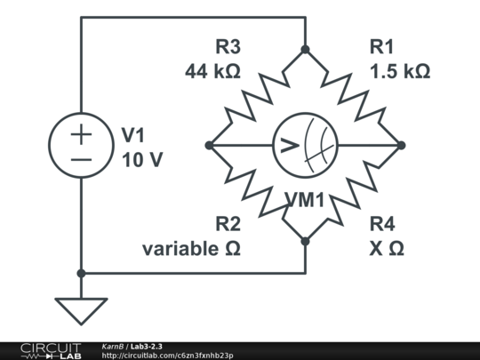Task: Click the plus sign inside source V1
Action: click(81, 135)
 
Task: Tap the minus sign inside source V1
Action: click(81, 159)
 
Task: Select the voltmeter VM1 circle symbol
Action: click(305, 146)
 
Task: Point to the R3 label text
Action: click(228, 48)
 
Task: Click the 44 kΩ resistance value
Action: click(212, 71)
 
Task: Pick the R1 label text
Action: click(380, 48)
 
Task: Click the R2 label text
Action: click(228, 224)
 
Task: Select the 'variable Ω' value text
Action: click(191, 248)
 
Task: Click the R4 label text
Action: click(382, 224)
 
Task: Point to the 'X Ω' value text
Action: click(386, 248)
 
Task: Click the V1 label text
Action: click(132, 136)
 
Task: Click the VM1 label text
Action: click(305, 201)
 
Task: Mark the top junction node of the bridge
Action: click(305, 50)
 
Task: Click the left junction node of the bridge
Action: click(209, 146)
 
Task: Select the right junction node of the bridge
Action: click(401, 146)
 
